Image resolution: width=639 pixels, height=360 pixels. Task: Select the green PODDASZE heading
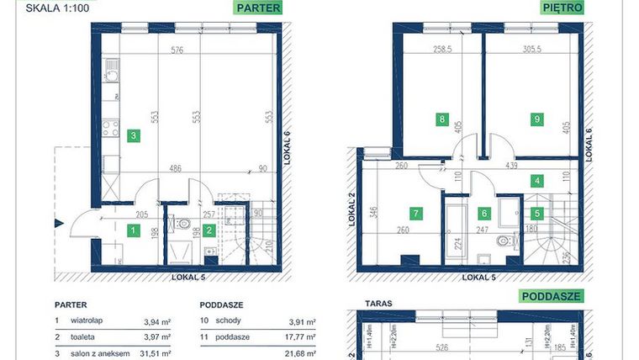pyautogui.click(x=552, y=296)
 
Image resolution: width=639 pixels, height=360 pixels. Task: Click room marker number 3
pyautogui.click(x=132, y=135)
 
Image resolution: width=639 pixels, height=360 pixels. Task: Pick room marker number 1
pyautogui.click(x=132, y=230)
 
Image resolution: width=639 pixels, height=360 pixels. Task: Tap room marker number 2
pyautogui.click(x=209, y=230)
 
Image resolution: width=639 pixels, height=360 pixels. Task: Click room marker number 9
pyautogui.click(x=537, y=119)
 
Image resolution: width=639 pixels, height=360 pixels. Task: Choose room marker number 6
pyautogui.click(x=484, y=214)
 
